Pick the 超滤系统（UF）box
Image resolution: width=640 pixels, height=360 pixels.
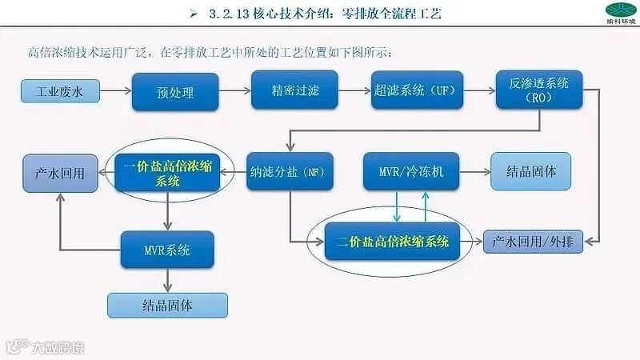pos(414,90)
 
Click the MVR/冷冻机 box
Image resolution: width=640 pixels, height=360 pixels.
pos(411,171)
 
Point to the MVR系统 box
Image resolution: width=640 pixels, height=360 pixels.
pos(167,250)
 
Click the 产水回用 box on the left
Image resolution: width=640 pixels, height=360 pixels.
pos(60,171)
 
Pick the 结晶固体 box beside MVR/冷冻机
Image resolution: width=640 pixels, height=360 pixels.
pos(532,171)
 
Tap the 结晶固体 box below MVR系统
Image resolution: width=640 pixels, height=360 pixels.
pos(167,305)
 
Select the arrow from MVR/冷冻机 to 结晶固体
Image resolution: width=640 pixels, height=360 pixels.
pos(474,171)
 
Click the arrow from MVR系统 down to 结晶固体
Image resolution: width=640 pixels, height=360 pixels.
pos(167,280)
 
